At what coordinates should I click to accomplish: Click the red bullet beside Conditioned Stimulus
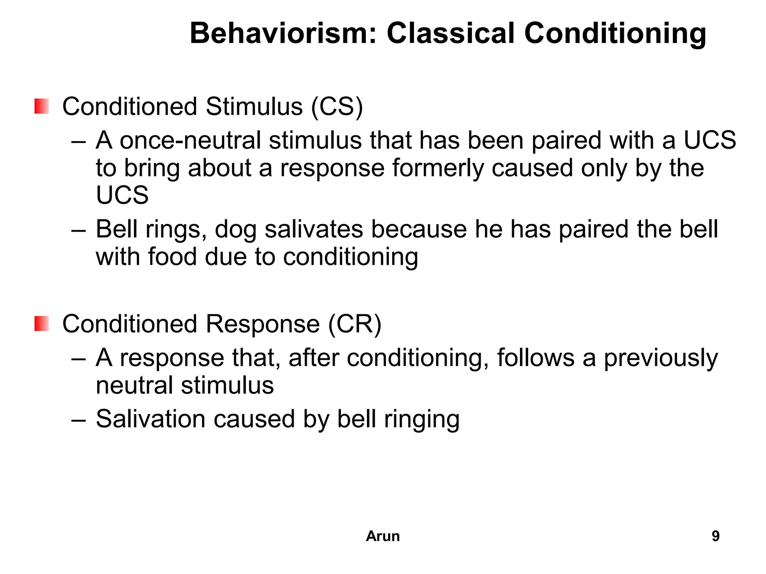pyautogui.click(x=42, y=107)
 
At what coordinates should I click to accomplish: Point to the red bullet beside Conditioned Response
pyautogui.click(x=42, y=324)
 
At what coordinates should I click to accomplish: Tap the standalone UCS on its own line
pyautogui.click(x=122, y=195)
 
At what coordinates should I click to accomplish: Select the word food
pyautogui.click(x=172, y=257)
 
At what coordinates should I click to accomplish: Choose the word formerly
pyautogui.click(x=438, y=168)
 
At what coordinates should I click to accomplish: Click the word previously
pyautogui.click(x=661, y=358)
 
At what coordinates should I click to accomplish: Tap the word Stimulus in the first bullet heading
pyautogui.click(x=254, y=107)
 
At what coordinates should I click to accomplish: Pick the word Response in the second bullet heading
pyautogui.click(x=263, y=324)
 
